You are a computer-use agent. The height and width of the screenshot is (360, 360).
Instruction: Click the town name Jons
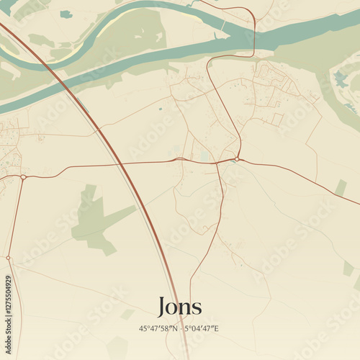179,305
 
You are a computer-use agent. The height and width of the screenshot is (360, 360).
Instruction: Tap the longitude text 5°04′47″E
201,328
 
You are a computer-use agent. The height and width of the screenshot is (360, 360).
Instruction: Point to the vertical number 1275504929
8,305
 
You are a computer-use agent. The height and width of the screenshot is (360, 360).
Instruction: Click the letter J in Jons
163,307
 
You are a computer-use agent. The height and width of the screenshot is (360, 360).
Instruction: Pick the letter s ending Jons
197,307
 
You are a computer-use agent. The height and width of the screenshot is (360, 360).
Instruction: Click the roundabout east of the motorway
237,159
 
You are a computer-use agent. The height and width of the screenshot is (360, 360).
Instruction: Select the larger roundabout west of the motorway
23,176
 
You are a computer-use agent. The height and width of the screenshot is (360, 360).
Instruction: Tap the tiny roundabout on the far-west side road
8,258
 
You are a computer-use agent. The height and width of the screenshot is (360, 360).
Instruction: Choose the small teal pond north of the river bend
66,14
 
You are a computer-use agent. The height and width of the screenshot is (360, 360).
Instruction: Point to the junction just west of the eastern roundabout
217,163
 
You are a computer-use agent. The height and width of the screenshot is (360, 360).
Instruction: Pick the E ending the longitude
217,328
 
